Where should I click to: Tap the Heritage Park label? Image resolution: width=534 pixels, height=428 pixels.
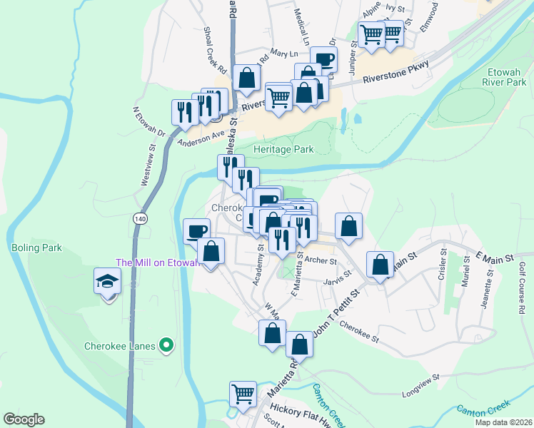[283, 150]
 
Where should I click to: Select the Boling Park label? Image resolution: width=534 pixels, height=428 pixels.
[36, 248]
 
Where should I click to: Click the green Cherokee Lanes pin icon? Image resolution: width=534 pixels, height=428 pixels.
[167, 346]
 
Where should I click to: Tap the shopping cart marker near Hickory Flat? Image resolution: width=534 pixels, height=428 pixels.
[243, 393]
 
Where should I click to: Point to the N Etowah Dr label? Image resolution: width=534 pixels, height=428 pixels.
[148, 123]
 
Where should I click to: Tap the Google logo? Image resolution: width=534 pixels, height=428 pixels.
[24, 419]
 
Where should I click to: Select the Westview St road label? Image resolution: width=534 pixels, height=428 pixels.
[149, 166]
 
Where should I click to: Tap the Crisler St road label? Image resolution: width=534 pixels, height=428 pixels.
[443, 267]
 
